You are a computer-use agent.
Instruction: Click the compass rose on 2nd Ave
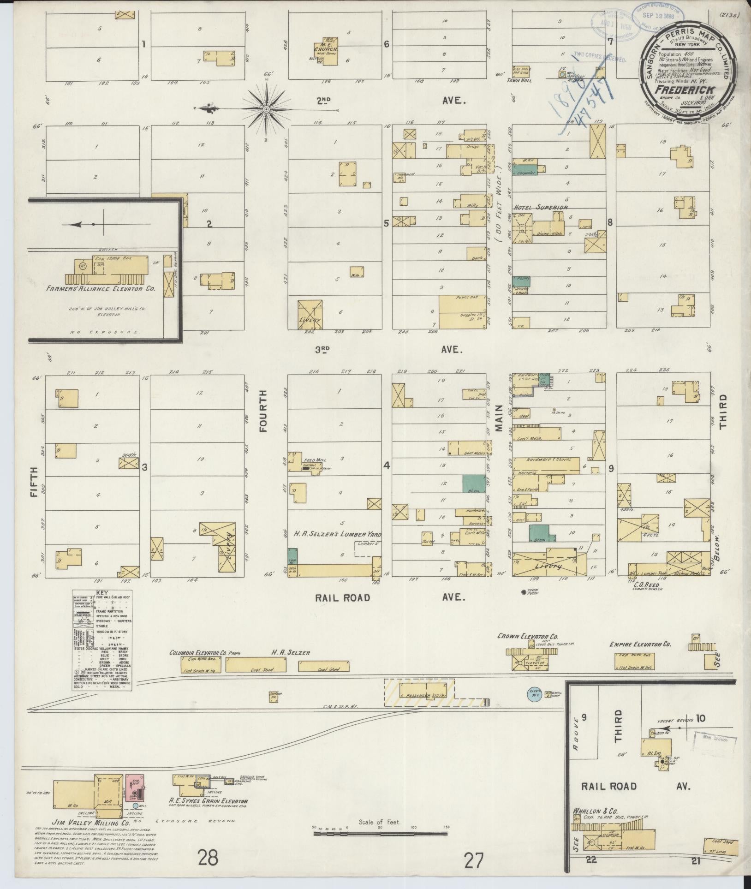point(267,109)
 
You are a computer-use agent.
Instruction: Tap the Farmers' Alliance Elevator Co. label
point(101,289)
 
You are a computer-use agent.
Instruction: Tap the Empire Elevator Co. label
point(641,644)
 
